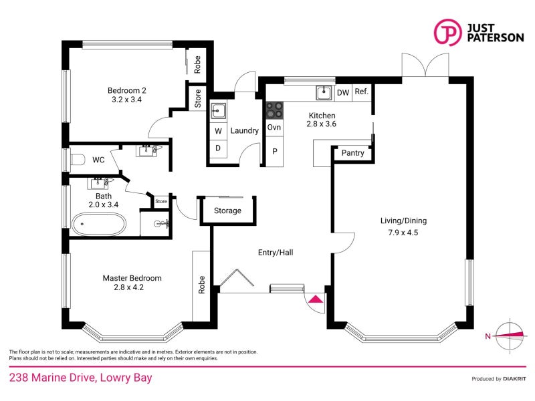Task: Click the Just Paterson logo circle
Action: click(447, 31)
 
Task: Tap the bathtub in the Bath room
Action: click(98, 224)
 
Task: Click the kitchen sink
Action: click(324, 92)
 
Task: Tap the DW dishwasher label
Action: click(342, 93)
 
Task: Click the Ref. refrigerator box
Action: click(362, 92)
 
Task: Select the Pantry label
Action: click(352, 153)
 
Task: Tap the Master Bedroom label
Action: click(132, 278)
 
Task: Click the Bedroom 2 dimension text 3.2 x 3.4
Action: click(126, 100)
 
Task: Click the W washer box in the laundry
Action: click(218, 131)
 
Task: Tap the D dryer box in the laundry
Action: click(218, 148)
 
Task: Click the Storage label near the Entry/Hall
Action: click(227, 211)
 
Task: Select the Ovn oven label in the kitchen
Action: click(274, 128)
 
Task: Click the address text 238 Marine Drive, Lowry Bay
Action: click(80, 378)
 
